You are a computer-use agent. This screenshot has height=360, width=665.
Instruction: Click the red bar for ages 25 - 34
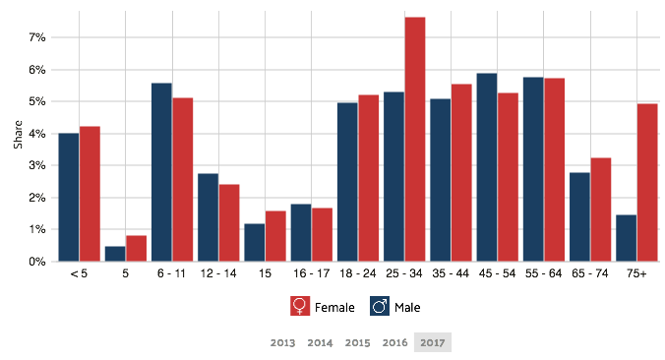tap(415, 139)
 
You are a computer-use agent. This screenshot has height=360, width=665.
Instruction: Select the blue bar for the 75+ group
tap(626, 238)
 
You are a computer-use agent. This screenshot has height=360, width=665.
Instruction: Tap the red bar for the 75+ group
tap(647, 182)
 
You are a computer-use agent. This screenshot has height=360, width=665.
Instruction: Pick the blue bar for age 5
tap(114, 254)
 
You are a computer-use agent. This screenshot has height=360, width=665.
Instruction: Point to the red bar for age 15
tap(275, 236)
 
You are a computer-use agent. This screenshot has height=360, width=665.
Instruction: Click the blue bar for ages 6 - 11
tap(161, 172)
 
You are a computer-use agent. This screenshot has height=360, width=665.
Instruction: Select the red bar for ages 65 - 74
tap(601, 210)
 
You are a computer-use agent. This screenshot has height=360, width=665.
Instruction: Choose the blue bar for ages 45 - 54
tap(486, 167)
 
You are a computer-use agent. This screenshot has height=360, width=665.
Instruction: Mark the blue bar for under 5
tap(68, 198)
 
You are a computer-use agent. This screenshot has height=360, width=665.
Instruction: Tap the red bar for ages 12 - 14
tap(229, 222)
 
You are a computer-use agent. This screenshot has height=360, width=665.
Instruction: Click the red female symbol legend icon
tap(300, 306)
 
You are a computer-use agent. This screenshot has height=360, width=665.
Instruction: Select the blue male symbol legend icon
tap(380, 306)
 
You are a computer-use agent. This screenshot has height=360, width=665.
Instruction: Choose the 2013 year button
tap(282, 342)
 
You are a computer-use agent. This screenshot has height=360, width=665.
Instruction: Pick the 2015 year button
tap(358, 342)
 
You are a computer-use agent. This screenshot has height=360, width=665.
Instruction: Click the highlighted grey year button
tap(432, 342)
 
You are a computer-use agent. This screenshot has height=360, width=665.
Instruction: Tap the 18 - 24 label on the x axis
tap(357, 273)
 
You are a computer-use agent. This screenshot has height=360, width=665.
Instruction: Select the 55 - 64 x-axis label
tap(543, 273)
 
